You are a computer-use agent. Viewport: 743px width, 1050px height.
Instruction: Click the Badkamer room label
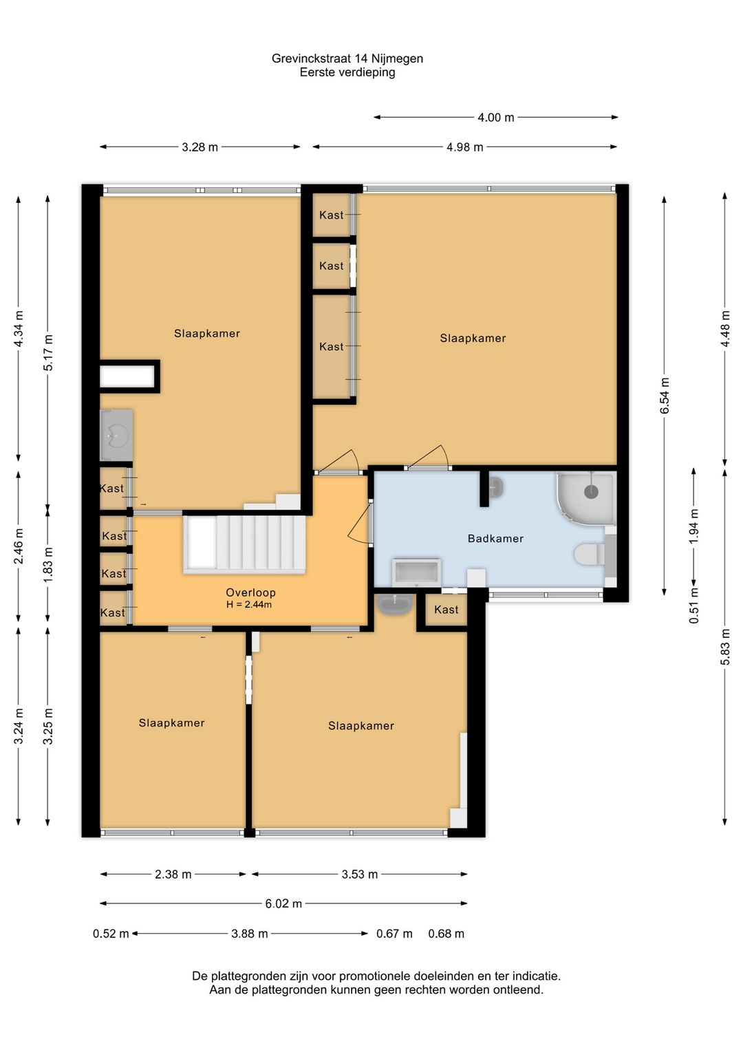(495, 539)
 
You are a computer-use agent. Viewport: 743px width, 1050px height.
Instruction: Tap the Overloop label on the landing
(250, 592)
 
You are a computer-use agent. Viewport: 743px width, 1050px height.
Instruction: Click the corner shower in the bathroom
(586, 498)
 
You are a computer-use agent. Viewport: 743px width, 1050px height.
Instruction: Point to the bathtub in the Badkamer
(416, 572)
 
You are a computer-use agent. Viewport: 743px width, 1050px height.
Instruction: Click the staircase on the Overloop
(244, 544)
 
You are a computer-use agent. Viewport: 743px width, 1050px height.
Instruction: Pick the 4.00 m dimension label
(495, 118)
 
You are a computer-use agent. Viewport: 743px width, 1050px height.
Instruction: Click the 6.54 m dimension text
(665, 395)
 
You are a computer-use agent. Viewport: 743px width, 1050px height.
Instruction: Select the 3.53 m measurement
(359, 875)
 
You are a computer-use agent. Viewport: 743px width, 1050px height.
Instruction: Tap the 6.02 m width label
(283, 903)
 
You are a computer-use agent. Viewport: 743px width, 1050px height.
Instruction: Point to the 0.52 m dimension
(111, 933)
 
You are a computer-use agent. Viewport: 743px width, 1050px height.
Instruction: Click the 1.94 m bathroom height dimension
(693, 526)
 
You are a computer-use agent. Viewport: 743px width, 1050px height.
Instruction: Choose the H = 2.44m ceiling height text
(249, 605)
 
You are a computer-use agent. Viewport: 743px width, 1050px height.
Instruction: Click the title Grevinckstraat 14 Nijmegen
(347, 58)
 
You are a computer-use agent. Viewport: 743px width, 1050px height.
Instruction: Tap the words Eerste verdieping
(347, 72)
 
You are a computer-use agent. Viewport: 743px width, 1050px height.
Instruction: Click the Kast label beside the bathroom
(446, 610)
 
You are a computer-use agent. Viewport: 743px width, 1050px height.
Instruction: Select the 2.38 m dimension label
(173, 875)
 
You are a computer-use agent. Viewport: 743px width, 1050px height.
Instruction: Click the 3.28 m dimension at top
(200, 147)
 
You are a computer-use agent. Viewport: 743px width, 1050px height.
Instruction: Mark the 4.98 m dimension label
(464, 147)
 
